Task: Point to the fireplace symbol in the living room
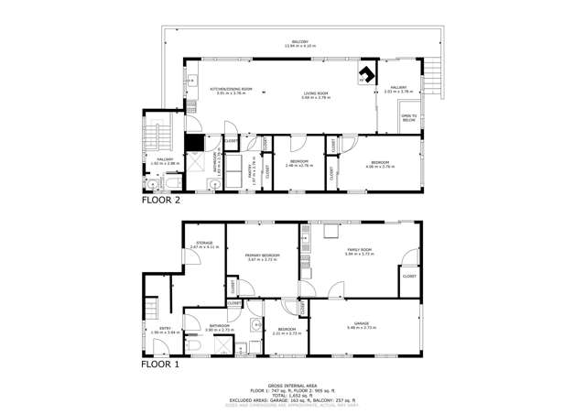(x=366, y=75)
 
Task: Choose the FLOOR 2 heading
(x=161, y=198)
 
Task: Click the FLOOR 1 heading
(x=160, y=364)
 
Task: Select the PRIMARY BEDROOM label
(x=263, y=255)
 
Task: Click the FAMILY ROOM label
(x=359, y=250)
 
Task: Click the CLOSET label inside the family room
(x=409, y=276)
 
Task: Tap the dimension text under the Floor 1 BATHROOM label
(x=221, y=330)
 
